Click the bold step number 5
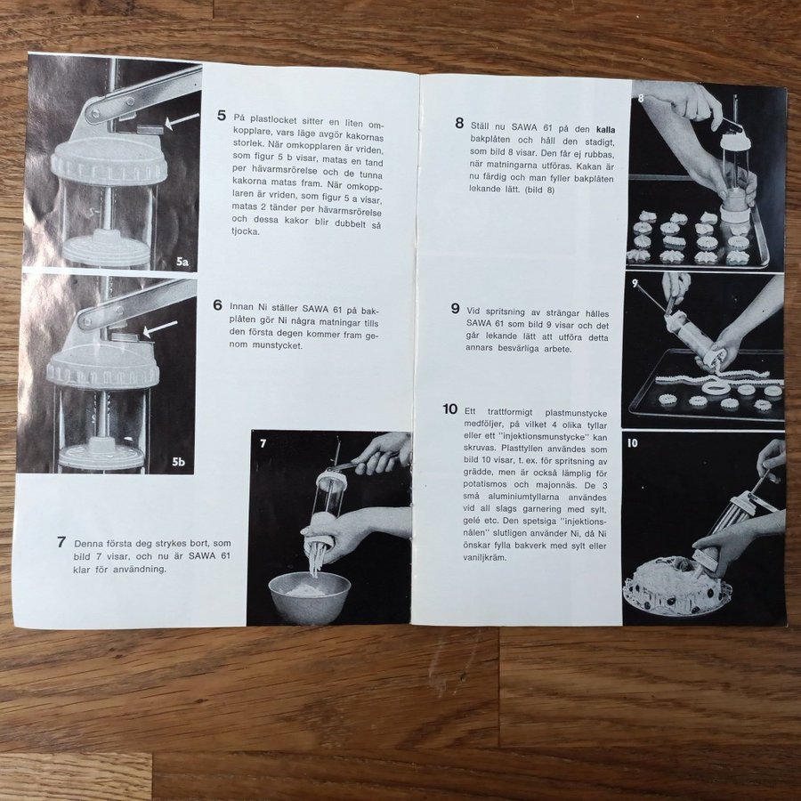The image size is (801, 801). click(x=222, y=116)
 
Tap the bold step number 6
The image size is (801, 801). click(x=218, y=305)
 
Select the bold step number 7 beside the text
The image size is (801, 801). click(x=61, y=542)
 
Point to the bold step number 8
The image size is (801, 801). click(x=460, y=123)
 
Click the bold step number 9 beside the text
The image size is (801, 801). click(x=455, y=309)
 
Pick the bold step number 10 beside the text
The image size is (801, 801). click(x=450, y=409)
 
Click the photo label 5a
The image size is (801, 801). click(x=182, y=263)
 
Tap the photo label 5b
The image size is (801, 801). click(x=178, y=462)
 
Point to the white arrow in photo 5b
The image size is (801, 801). click(x=160, y=328)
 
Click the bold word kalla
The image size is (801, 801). click(x=606, y=130)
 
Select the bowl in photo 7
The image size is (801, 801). click(x=310, y=596)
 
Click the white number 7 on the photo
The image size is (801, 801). click(x=263, y=443)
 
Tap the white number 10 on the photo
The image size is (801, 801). click(x=633, y=443)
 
